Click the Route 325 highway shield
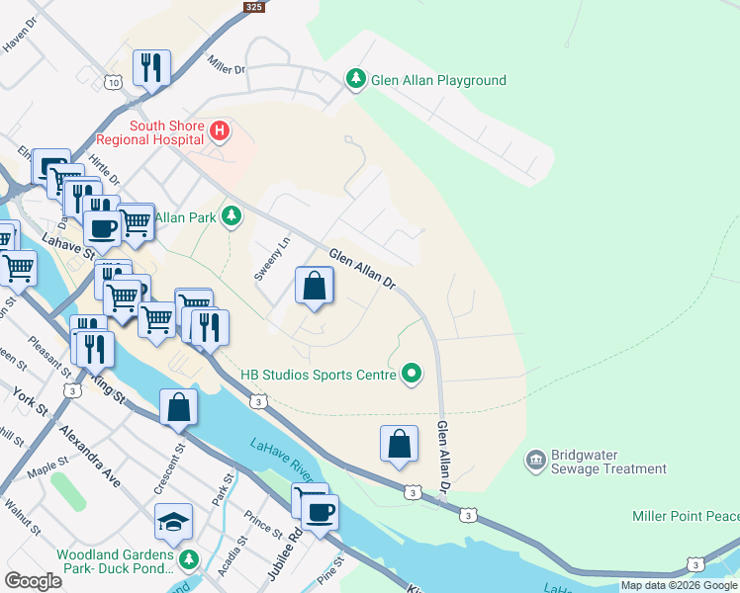tap(253, 6)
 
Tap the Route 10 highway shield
tap(115, 83)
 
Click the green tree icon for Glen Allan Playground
tap(355, 80)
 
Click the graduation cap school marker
tap(173, 521)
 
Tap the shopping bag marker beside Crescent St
tap(178, 406)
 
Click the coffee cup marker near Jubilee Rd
tap(320, 513)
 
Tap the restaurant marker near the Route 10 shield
tap(150, 67)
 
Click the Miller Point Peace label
tap(685, 517)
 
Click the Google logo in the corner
tap(33, 580)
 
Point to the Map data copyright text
tap(679, 585)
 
